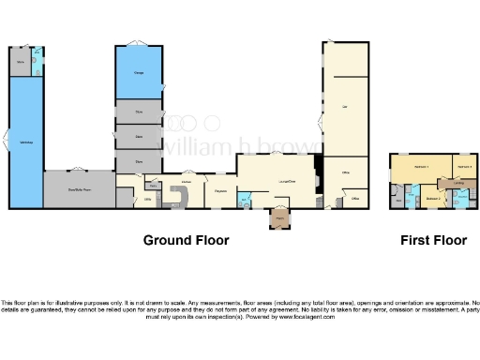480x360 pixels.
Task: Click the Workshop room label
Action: (25, 142)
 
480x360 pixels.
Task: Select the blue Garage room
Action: (139, 73)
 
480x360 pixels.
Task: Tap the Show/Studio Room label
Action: (79, 189)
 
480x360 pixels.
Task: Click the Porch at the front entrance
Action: (279, 219)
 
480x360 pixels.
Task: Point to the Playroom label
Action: (220, 191)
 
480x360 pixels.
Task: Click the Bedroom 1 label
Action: (422, 167)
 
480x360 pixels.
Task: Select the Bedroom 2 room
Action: (432, 198)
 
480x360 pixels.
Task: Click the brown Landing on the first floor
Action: (459, 184)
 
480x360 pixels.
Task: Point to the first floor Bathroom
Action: (461, 198)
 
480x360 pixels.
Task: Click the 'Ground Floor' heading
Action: (186, 240)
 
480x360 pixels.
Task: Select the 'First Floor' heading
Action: (433, 240)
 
